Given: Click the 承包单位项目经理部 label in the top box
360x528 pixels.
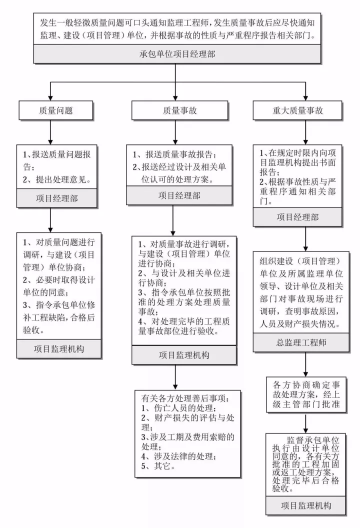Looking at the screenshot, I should coord(177,53).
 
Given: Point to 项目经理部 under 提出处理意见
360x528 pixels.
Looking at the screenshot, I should coord(56,198).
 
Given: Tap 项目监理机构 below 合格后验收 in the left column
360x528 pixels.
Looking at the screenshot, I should coord(58,348).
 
